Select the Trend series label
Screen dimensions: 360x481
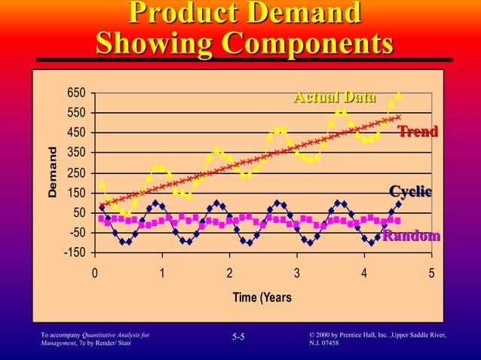418,133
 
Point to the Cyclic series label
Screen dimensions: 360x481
410,191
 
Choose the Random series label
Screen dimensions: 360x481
411,236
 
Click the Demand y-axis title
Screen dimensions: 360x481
54,172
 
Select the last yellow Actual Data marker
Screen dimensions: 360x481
398,96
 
